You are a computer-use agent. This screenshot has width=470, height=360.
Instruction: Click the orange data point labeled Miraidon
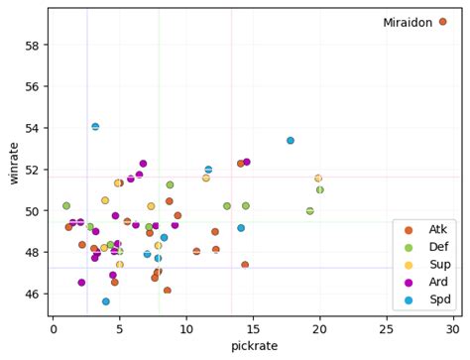pos(443,22)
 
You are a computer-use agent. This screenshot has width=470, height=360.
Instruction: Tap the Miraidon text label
pos(409,23)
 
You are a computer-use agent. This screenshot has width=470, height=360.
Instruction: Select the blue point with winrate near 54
pos(95,127)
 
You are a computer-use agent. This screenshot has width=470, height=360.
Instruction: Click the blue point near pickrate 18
pos(291,141)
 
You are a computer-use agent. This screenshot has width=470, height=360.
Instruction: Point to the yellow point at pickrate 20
pos(318,179)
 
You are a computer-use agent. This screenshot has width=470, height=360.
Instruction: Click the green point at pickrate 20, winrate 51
pos(320,189)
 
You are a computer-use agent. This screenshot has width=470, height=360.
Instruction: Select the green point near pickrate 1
pos(66,206)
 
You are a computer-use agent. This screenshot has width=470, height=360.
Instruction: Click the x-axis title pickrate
pos(254,347)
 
